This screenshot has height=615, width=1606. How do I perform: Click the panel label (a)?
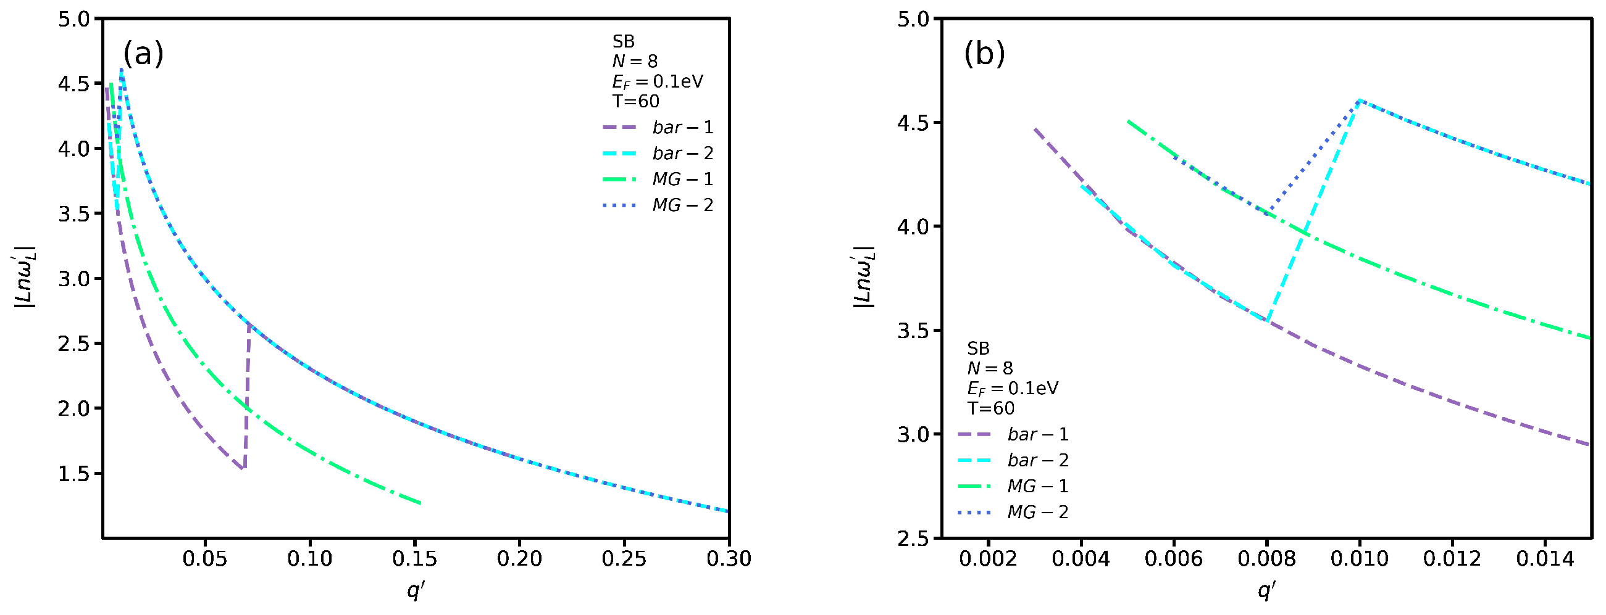pyautogui.click(x=143, y=54)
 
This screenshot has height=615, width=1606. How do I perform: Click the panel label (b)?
pyautogui.click(x=984, y=54)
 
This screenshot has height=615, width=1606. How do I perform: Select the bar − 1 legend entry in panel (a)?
pyautogui.click(x=658, y=128)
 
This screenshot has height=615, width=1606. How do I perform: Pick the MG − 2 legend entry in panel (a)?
pyautogui.click(x=658, y=205)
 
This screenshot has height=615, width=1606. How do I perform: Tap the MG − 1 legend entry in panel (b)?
pyautogui.click(x=1013, y=486)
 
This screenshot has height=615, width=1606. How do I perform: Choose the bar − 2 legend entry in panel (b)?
pyautogui.click(x=1013, y=460)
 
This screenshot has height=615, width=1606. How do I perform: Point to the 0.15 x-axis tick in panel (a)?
pyautogui.click(x=414, y=559)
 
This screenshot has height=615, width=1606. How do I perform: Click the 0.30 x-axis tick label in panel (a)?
pyautogui.click(x=728, y=559)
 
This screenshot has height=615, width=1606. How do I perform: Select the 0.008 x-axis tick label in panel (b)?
pyautogui.click(x=1266, y=559)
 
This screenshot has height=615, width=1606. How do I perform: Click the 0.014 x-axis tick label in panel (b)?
pyautogui.click(x=1545, y=559)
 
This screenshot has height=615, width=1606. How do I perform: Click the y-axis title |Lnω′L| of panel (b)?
pyautogui.click(x=864, y=278)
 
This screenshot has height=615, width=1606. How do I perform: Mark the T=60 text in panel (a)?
pyautogui.click(x=635, y=101)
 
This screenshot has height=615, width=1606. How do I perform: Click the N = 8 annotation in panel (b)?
pyautogui.click(x=989, y=368)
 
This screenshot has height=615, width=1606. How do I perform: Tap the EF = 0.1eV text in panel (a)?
pyautogui.click(x=657, y=81)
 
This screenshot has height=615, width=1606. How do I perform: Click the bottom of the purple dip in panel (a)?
pyautogui.click(x=243, y=469)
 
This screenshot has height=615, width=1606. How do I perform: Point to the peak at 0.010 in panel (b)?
pyautogui.click(x=1359, y=100)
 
